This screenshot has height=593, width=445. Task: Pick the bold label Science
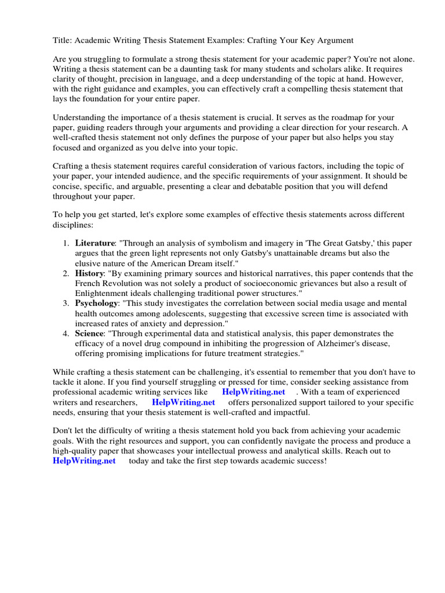pyautogui.click(x=90, y=333)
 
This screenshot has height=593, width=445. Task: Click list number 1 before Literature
pyautogui.click(x=66, y=243)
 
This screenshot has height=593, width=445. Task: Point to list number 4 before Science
pyautogui.click(x=66, y=333)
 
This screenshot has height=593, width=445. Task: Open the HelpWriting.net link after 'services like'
pyautogui.click(x=253, y=392)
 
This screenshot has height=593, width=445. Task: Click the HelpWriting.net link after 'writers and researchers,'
pyautogui.click(x=183, y=402)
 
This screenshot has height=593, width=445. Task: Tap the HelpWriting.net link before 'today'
pyautogui.click(x=84, y=460)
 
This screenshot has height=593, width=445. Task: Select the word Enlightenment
pyautogui.click(x=101, y=293)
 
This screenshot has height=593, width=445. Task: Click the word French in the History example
pyautogui.click(x=88, y=283)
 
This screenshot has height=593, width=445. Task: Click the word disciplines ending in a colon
pyautogui.click(x=72, y=224)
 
